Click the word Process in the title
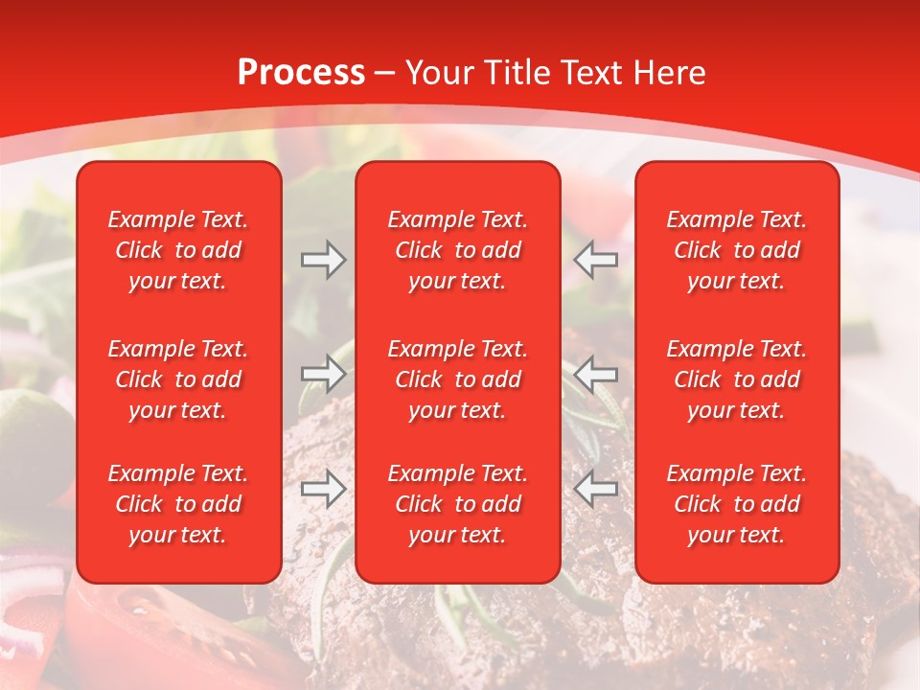pyautogui.click(x=301, y=73)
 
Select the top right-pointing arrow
pyautogui.click(x=323, y=260)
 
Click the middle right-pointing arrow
pyautogui.click(x=323, y=374)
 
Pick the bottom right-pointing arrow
pyautogui.click(x=323, y=489)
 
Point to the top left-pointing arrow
pyautogui.click(x=596, y=260)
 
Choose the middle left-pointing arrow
pyautogui.click(x=596, y=374)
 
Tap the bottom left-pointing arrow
pyautogui.click(x=596, y=489)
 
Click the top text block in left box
pyautogui.click(x=178, y=250)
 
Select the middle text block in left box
pyautogui.click(x=178, y=379)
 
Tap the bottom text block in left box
pyautogui.click(x=178, y=504)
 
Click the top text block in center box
pyautogui.click(x=458, y=250)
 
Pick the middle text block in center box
pyautogui.click(x=458, y=379)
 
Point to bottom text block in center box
pyautogui.click(x=458, y=504)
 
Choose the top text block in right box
pyautogui.click(x=737, y=250)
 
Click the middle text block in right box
pyautogui.click(x=737, y=379)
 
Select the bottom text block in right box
pyautogui.click(x=737, y=504)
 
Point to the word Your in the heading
pyautogui.click(x=440, y=73)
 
